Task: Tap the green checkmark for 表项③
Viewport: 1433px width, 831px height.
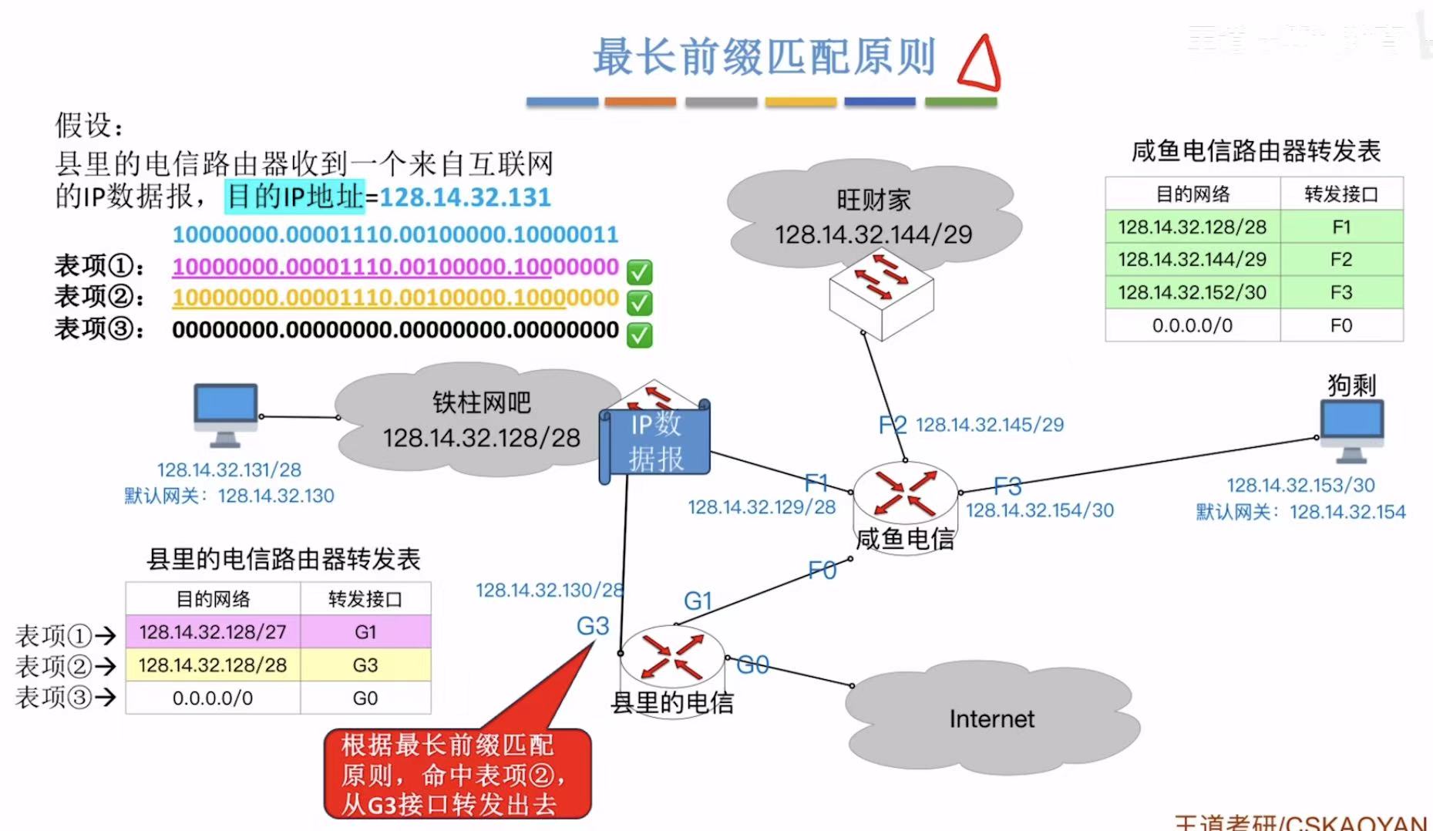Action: [x=639, y=335]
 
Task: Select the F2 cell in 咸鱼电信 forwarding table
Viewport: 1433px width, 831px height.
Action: [x=1340, y=260]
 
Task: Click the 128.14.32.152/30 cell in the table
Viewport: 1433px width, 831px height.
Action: [x=1192, y=293]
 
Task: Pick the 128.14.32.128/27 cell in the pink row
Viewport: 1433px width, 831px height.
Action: [x=212, y=632]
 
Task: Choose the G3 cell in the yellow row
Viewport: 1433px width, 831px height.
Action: [x=365, y=665]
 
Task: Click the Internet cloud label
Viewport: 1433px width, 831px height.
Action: [x=991, y=719]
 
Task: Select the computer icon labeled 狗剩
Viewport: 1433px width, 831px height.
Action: [x=1351, y=429]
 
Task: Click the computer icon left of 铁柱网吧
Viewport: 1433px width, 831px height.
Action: [x=225, y=414]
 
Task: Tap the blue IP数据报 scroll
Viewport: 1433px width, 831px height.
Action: [x=655, y=442]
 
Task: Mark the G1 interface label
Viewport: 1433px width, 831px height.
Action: [x=698, y=601]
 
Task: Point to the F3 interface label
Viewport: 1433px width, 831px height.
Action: [x=1007, y=486]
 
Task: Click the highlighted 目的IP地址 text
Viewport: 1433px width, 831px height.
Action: [x=294, y=197]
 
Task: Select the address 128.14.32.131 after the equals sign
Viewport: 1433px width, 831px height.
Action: [x=465, y=197]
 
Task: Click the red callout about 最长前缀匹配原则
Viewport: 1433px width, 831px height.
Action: [x=457, y=773]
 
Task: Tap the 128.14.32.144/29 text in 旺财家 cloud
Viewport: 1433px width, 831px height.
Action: [x=873, y=234]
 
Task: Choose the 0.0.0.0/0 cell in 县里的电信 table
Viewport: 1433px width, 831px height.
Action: [x=212, y=698]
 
